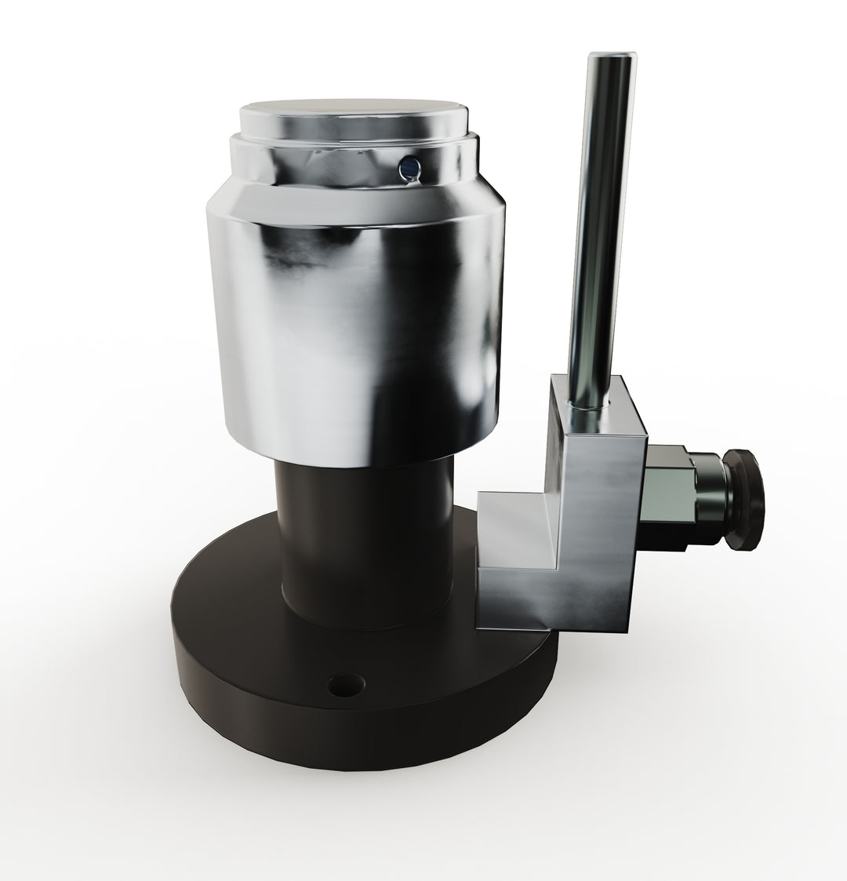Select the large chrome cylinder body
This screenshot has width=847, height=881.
point(353,329)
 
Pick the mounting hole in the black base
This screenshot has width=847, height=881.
point(346,686)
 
